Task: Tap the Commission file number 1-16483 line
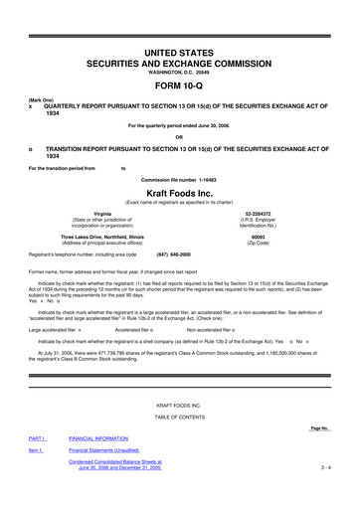179,178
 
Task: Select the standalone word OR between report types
179,137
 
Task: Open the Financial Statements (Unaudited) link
116,449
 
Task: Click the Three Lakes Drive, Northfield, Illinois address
102,238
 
